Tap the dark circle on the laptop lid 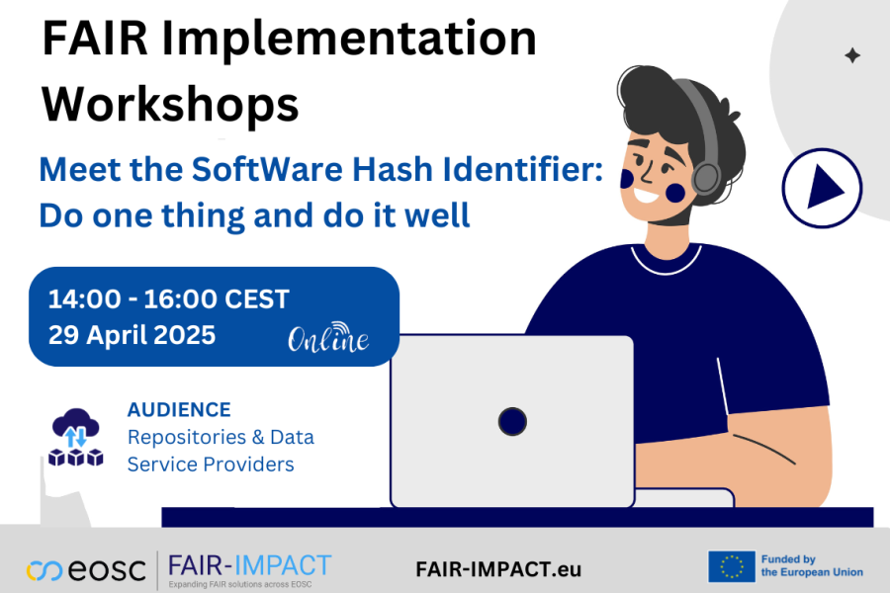coord(512,421)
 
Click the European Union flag coord(732,567)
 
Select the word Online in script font coord(328,341)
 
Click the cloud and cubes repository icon coord(76,437)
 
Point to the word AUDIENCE coord(179,409)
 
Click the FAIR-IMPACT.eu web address coord(498,569)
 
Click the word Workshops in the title coord(171,102)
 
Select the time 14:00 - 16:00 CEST coord(168,299)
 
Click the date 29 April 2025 coord(132,335)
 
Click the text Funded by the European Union coord(811,565)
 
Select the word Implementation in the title coord(367,40)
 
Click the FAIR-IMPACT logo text coord(249,566)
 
